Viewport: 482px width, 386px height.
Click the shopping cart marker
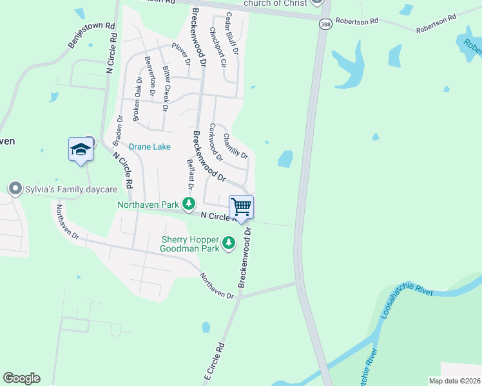point(241,208)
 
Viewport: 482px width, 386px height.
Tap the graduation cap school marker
point(81,151)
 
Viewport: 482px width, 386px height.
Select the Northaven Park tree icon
point(188,205)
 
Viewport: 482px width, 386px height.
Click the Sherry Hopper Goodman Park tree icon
point(228,243)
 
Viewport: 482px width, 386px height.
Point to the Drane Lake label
point(149,147)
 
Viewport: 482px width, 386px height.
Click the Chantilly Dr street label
point(235,145)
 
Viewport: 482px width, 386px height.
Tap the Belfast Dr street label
point(190,174)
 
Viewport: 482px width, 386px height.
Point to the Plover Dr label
point(182,54)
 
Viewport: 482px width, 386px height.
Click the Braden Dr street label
point(117,131)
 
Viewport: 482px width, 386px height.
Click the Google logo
point(21,378)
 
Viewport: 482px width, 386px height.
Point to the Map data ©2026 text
point(454,381)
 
